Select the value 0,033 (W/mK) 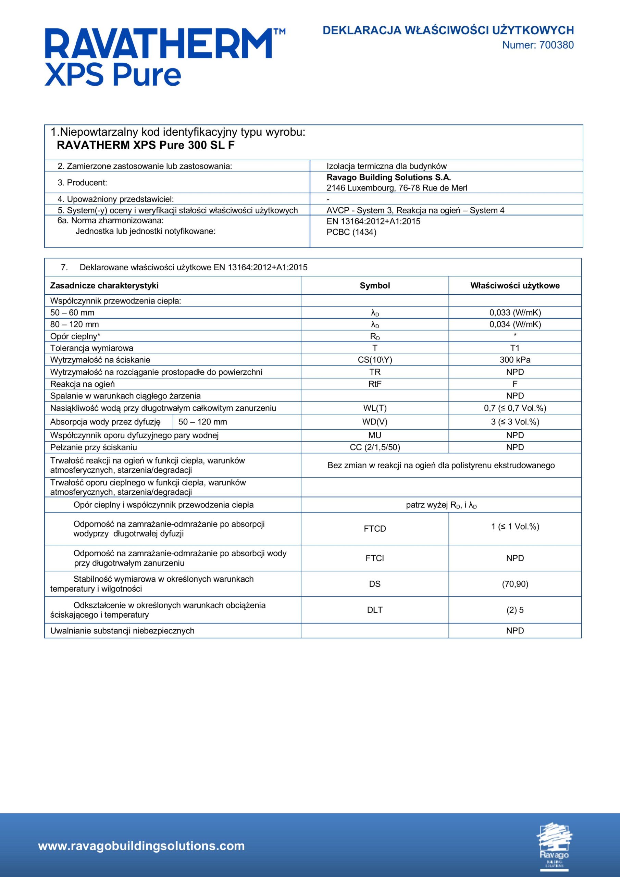tap(515, 312)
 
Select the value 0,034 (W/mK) tap(515, 324)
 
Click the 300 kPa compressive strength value tap(515, 360)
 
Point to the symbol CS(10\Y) tap(375, 360)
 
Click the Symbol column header tap(375, 286)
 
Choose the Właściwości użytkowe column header tap(515, 286)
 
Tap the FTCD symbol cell tap(375, 529)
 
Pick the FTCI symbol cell tap(375, 558)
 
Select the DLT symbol tap(375, 610)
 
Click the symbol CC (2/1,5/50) tap(375, 447)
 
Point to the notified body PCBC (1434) tap(351, 232)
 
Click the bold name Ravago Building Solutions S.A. tap(388, 177)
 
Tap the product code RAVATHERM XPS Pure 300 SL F tap(146, 146)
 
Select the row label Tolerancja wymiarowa tap(92, 348)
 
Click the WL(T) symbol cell tap(375, 408)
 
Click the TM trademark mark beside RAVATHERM tap(279, 32)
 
